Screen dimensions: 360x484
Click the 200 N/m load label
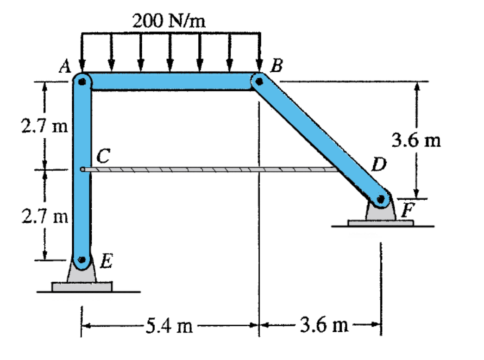pyautogui.click(x=169, y=21)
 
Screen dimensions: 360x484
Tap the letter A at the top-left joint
pyautogui.click(x=65, y=68)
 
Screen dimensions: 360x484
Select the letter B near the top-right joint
pyautogui.click(x=276, y=67)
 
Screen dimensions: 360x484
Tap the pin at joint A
pyautogui.click(x=82, y=82)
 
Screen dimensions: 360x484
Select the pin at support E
pyautogui.click(x=82, y=260)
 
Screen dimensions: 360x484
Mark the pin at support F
pyautogui.click(x=381, y=200)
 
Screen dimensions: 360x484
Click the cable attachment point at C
pyautogui.click(x=83, y=170)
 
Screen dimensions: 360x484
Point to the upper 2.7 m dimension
pyautogui.click(x=44, y=126)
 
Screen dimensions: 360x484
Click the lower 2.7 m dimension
pyautogui.click(x=44, y=215)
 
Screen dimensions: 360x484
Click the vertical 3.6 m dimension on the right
pyautogui.click(x=416, y=140)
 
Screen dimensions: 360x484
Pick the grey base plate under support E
pyautogui.click(x=82, y=287)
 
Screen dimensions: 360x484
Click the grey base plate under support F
pyautogui.click(x=380, y=223)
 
